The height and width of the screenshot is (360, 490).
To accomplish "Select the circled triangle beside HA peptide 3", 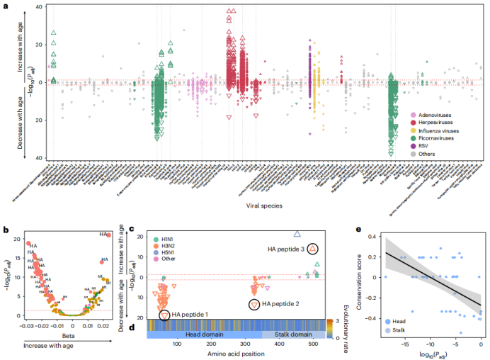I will [x=314, y=249].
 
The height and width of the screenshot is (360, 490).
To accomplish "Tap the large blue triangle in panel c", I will [x=297, y=234].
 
